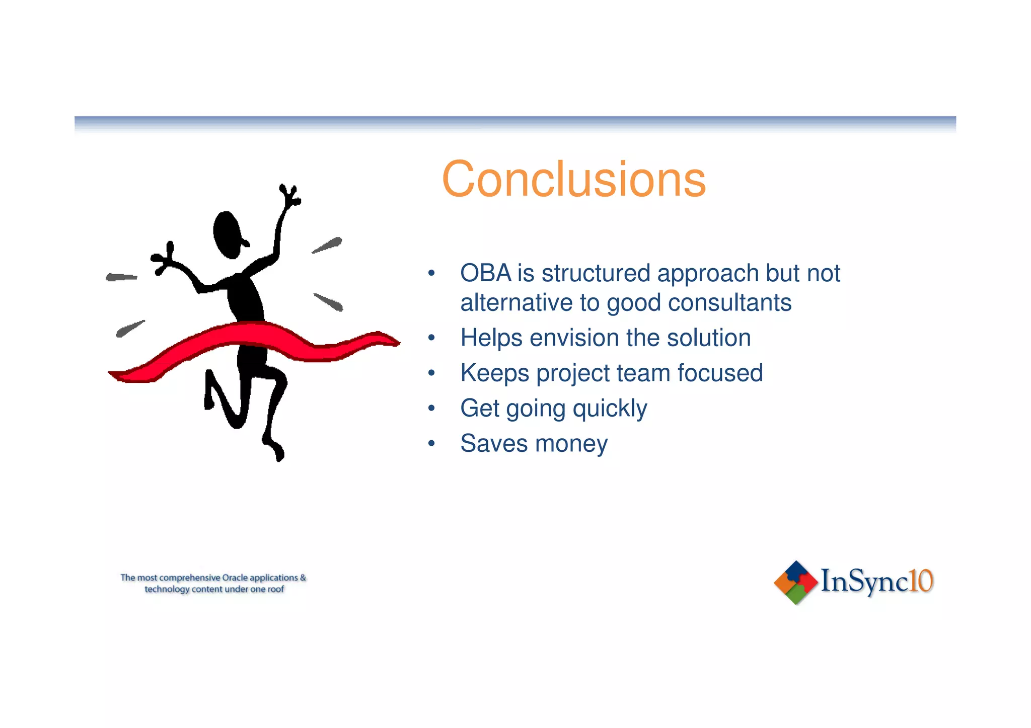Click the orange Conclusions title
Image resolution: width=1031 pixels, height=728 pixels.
coord(573,179)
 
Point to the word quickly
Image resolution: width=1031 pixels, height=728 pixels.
coord(610,409)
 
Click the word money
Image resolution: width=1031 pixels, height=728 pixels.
coord(571,444)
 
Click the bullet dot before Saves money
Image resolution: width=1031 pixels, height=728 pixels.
coord(431,444)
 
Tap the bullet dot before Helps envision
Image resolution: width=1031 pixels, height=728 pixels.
coord(431,338)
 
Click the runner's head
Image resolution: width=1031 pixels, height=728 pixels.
coord(228,234)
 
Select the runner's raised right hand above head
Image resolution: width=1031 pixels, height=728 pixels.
coord(290,195)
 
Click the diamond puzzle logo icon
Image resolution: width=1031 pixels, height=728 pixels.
coord(795,582)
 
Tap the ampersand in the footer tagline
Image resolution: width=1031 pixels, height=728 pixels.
coord(303,578)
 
